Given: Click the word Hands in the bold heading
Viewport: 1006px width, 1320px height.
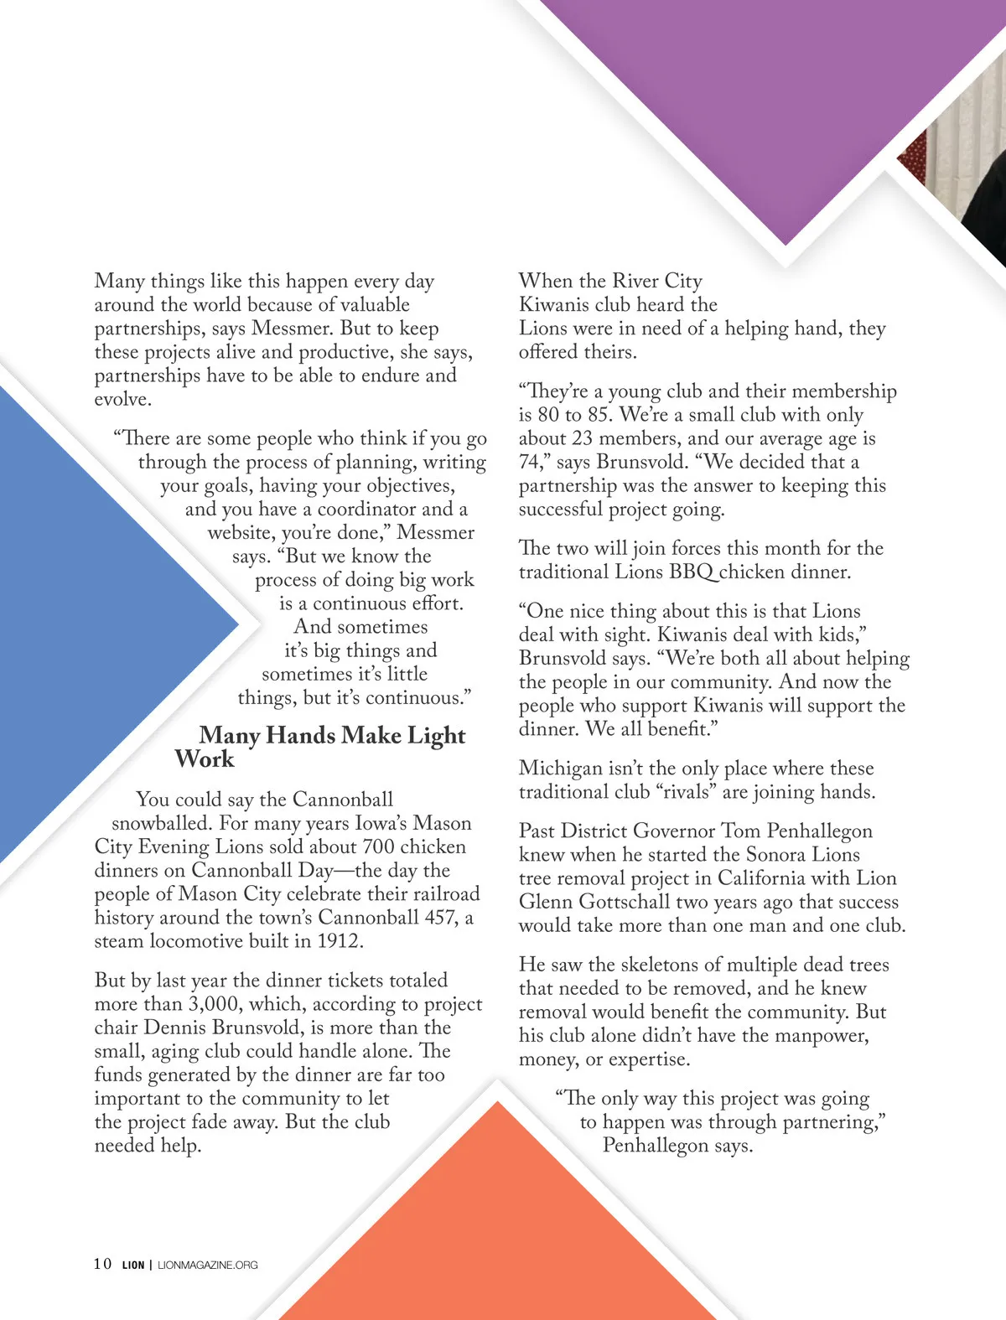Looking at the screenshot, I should [x=299, y=736].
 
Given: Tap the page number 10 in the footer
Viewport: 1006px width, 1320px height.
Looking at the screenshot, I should [x=102, y=1264].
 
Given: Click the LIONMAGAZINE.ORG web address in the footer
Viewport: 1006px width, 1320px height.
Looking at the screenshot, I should [x=208, y=1265].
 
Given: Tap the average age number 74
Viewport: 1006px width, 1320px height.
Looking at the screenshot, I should [x=532, y=462].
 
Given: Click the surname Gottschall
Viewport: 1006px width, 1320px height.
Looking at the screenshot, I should [x=620, y=902].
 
